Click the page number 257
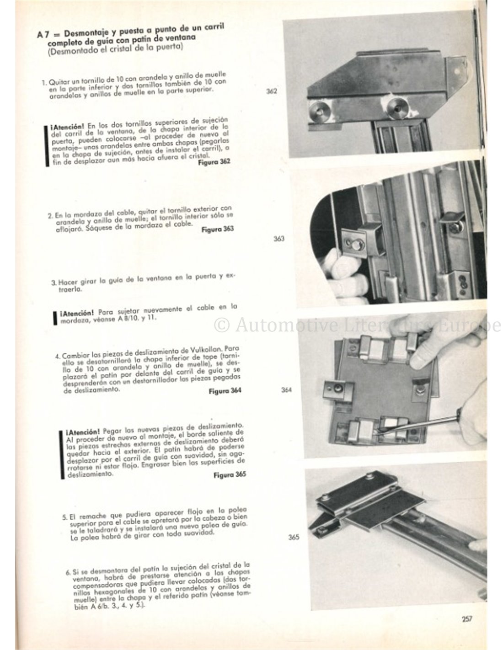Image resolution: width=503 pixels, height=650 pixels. coord(466,619)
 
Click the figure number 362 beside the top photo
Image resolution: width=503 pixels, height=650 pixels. coord(272,91)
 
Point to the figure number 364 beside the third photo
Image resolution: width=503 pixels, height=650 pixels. coord(287,390)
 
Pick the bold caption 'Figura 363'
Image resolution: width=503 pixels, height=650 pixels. coord(217,229)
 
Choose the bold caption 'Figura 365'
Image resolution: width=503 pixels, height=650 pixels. coord(230,474)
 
